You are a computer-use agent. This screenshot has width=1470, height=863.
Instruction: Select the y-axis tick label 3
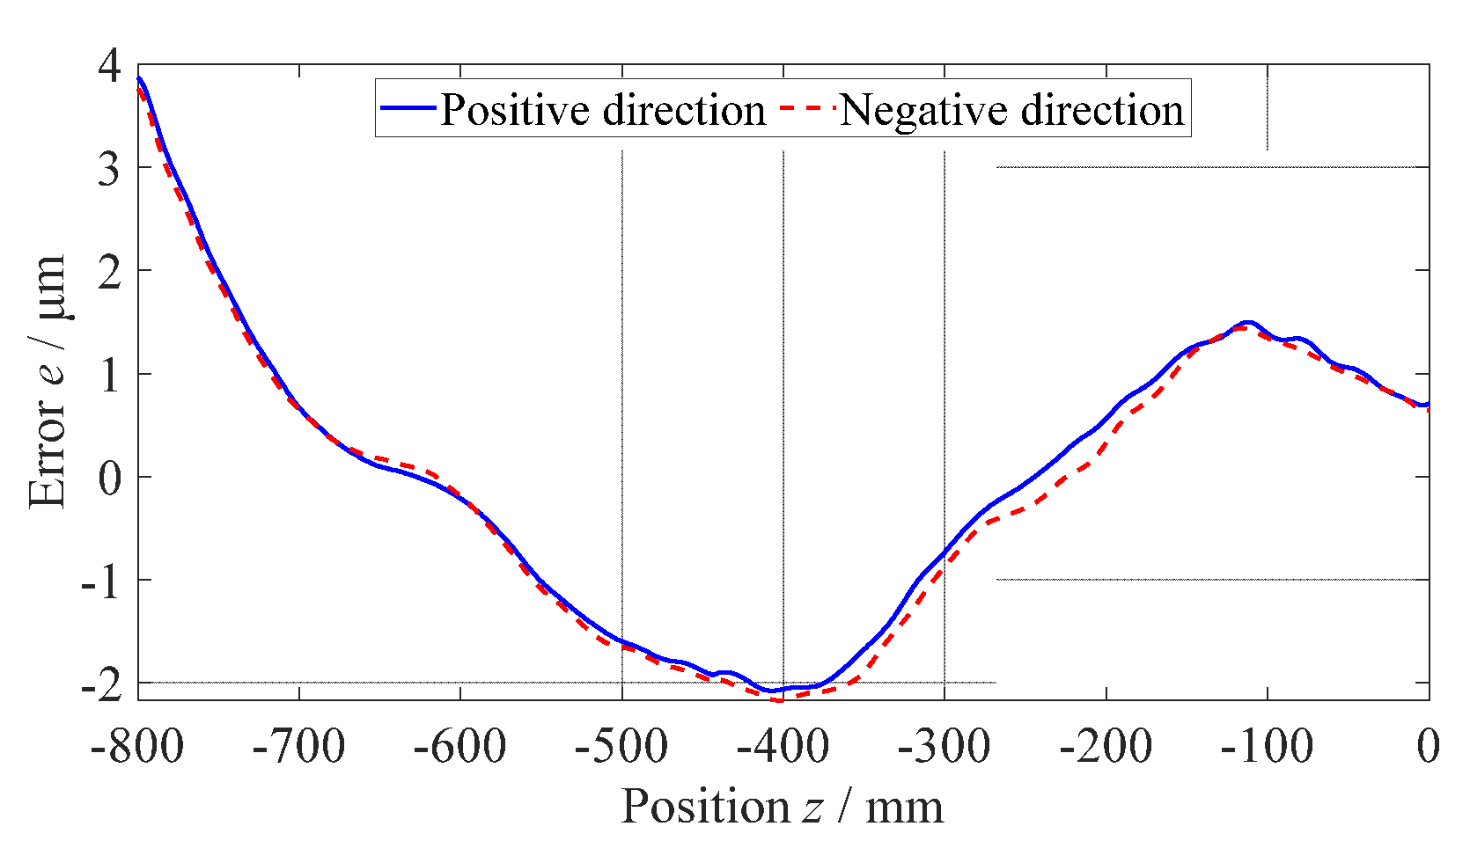click(109, 168)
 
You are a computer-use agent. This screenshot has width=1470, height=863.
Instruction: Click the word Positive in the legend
click(514, 111)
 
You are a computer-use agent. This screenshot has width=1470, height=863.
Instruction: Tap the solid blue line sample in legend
click(408, 107)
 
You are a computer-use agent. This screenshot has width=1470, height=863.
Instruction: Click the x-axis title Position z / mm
click(782, 806)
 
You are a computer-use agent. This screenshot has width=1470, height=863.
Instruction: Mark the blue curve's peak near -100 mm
click(1246, 323)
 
